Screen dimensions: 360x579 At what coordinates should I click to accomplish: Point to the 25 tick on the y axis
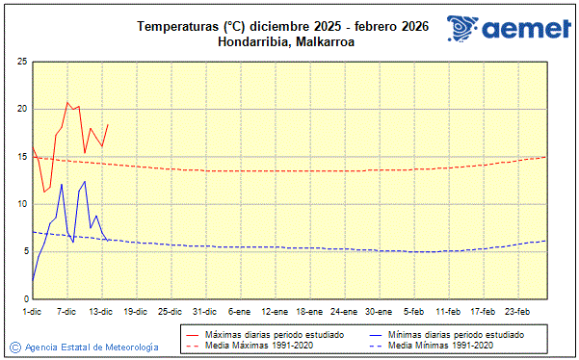coord(21,61)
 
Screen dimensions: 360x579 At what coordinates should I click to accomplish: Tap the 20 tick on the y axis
coord(21,109)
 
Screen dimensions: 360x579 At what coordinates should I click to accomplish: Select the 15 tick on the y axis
coord(21,156)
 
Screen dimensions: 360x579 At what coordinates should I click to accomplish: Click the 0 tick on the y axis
coord(23,299)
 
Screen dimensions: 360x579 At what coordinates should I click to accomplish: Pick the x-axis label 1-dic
coord(32,312)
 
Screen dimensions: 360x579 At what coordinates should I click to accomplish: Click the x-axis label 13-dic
coord(101,312)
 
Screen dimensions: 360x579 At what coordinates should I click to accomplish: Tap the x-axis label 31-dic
coord(204,312)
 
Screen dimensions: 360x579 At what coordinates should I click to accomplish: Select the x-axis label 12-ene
coord(274,312)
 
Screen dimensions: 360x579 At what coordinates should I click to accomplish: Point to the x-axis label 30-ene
coord(379,312)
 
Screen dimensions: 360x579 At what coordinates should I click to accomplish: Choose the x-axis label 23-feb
coord(517,312)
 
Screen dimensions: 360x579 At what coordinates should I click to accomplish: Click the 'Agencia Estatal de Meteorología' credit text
coord(92,347)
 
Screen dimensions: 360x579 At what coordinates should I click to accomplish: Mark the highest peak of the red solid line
coord(67,102)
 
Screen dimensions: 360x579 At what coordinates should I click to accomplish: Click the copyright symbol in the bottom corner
coord(14,347)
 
